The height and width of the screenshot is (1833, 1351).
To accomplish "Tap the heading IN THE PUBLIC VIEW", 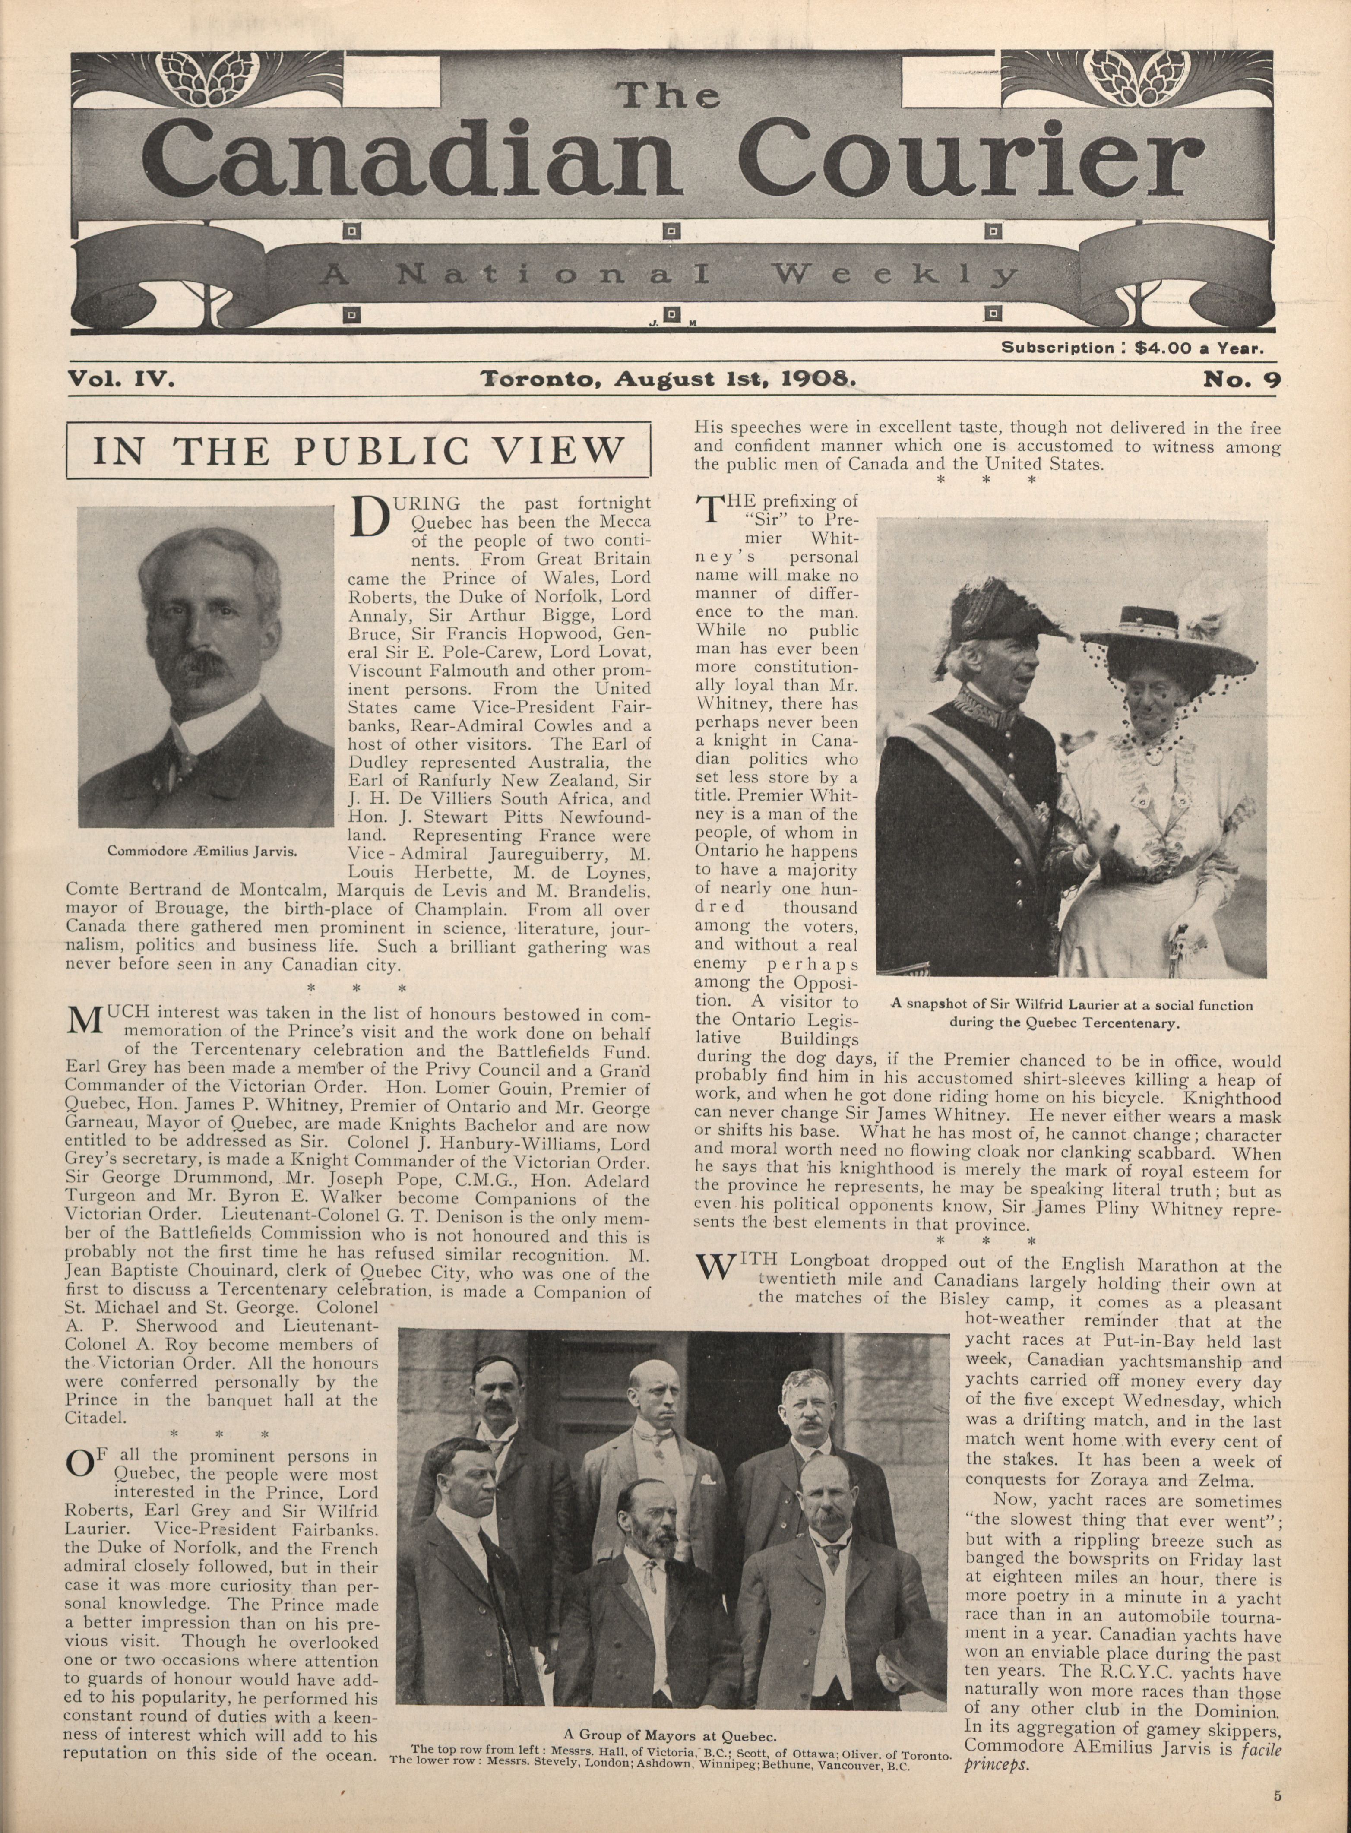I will pos(359,451).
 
